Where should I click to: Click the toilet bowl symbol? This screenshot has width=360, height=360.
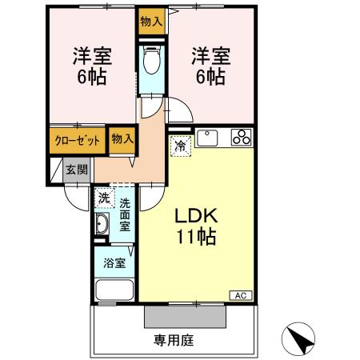pos(152,60)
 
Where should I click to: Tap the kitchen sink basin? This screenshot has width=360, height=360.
pos(207,138)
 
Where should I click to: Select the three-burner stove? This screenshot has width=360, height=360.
pos(242,137)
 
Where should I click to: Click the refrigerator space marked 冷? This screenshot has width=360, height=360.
pos(181,146)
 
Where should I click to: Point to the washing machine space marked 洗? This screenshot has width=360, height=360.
pos(105,198)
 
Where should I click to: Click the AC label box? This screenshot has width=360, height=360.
pos(241,295)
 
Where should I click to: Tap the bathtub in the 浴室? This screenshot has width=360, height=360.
pos(114,290)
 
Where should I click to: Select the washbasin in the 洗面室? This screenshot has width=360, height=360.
pos(102,224)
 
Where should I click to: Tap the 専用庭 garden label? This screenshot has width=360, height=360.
pos(174,340)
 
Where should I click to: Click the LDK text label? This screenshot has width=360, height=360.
pos(196,216)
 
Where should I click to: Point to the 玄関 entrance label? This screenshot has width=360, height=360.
pos(77,170)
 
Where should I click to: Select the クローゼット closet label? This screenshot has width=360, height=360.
pos(78,141)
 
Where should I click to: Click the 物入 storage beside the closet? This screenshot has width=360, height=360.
pos(122,138)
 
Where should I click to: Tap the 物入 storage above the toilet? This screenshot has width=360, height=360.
pos(151,22)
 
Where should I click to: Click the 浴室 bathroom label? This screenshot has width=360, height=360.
pos(114,263)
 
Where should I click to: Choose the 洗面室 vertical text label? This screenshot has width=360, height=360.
pos(125,215)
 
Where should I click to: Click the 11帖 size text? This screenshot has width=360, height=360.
pos(197,237)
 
